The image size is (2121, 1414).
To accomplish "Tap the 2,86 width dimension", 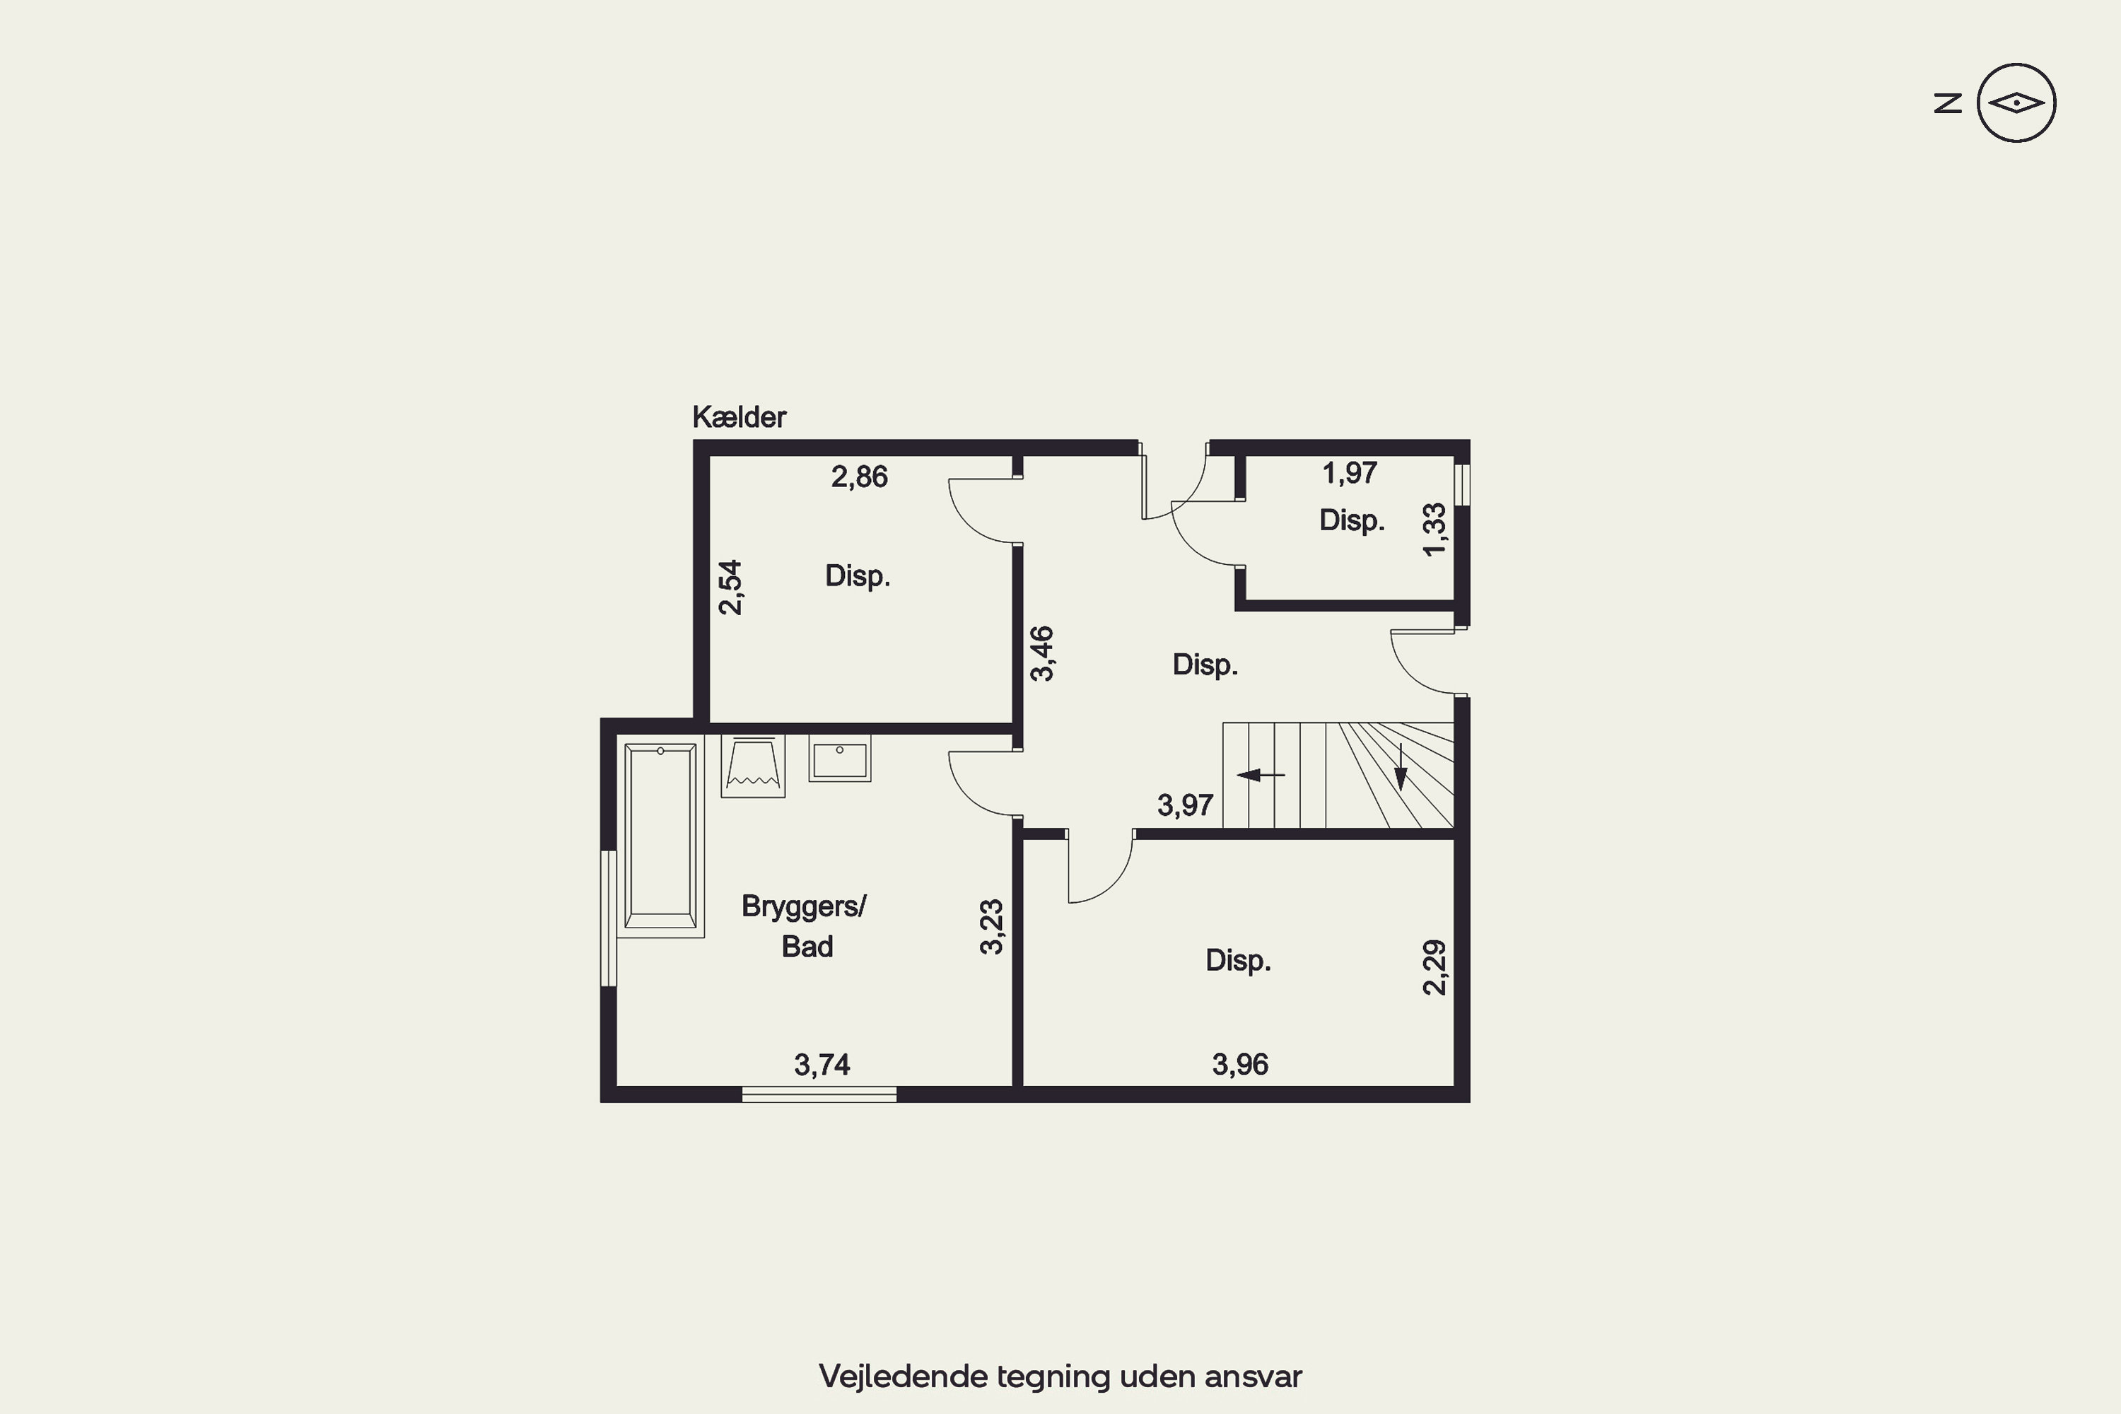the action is click(860, 476).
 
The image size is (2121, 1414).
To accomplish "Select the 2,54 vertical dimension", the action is click(730, 587).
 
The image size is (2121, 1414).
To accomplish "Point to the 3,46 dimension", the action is click(1041, 654).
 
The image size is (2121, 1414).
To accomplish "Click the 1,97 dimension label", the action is click(1350, 472).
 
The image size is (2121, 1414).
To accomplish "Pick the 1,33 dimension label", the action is click(1434, 530).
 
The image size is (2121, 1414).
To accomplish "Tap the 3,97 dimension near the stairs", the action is click(1185, 805).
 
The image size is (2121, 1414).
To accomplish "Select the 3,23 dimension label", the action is click(991, 926).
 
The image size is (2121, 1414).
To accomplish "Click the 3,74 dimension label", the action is click(822, 1065).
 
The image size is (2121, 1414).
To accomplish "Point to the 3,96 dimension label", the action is click(1240, 1064).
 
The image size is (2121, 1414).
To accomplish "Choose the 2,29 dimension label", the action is click(1434, 968).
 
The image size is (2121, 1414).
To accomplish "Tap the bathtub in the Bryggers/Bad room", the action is click(661, 836).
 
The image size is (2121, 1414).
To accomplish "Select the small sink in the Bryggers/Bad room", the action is click(840, 759).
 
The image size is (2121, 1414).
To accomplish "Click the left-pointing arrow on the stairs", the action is click(1261, 775).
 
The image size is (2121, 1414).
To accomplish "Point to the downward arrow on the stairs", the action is click(1401, 766).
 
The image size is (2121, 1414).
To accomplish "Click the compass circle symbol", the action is click(2016, 103).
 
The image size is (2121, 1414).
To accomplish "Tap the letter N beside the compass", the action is click(1948, 103).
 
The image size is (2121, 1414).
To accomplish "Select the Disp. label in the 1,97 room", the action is click(1352, 520).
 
